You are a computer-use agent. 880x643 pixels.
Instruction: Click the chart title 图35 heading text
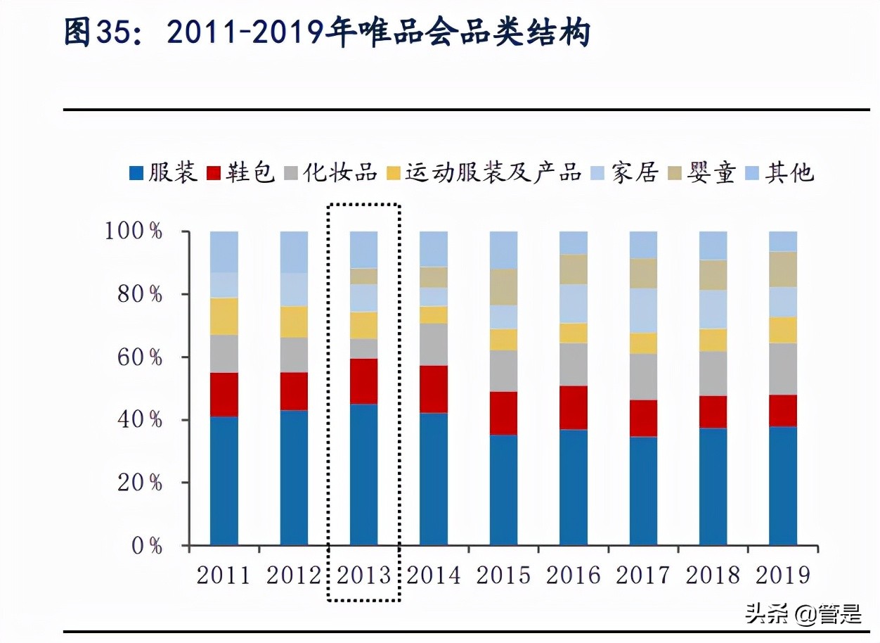coord(327,34)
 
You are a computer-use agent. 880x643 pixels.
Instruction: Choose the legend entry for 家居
coord(626,172)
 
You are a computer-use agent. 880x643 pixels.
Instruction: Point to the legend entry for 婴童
coord(703,172)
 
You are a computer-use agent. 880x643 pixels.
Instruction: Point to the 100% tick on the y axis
coord(134,231)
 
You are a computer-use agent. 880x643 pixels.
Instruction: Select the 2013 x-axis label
coord(363,575)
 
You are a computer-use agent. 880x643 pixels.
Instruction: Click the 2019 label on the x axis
coord(783,575)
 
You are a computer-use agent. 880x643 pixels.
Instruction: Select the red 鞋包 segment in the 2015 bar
coord(503,413)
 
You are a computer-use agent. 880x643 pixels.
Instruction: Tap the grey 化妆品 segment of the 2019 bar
coord(783,369)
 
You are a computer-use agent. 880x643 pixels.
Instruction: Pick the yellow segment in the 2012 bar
coord(294,321)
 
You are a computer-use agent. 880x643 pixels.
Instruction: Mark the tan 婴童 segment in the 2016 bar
coord(574,269)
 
